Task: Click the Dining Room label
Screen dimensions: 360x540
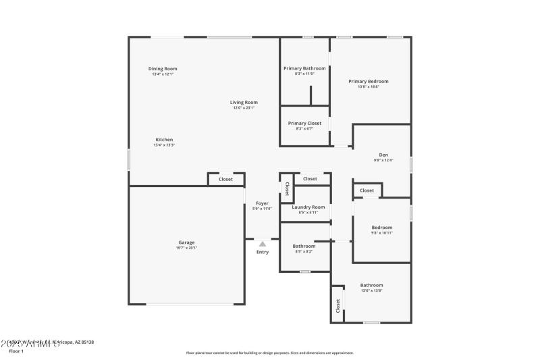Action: (163, 68)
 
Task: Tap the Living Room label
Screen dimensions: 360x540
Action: (244, 102)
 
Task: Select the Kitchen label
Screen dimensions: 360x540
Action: (164, 140)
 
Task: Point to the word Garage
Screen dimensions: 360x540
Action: (186, 242)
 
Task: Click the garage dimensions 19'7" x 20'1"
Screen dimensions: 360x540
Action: (186, 248)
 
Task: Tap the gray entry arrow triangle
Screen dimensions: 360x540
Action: (263, 244)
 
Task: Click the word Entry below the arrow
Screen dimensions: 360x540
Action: (263, 252)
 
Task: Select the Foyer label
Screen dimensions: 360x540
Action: (262, 203)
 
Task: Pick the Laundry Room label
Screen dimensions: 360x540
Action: (308, 207)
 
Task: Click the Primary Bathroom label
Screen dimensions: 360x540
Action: (304, 68)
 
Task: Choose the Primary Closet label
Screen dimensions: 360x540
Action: (304, 123)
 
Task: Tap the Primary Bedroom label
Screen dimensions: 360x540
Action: (369, 81)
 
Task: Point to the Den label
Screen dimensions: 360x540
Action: (383, 155)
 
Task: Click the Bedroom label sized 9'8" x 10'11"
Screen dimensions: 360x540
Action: (381, 228)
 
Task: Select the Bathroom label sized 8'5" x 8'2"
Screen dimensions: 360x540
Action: (304, 246)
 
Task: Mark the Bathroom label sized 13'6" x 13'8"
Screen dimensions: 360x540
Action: (371, 285)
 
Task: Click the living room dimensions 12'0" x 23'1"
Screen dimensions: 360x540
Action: (244, 107)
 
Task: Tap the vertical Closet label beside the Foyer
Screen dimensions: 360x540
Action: (287, 189)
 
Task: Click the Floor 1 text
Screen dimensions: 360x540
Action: (16, 351)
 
